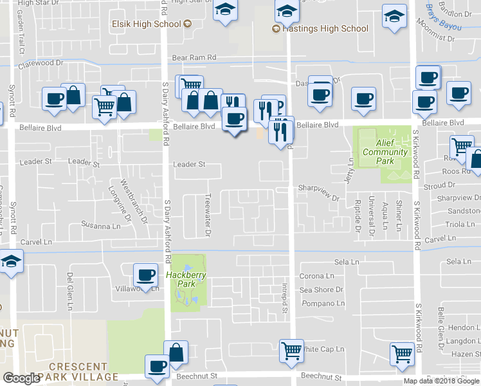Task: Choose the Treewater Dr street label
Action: (208, 216)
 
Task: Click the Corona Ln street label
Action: (316, 276)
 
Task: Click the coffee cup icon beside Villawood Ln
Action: (145, 275)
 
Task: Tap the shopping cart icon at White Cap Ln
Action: (291, 351)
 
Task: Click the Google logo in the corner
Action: (21, 378)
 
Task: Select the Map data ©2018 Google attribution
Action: (441, 381)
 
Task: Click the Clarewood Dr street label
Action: (41, 64)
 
